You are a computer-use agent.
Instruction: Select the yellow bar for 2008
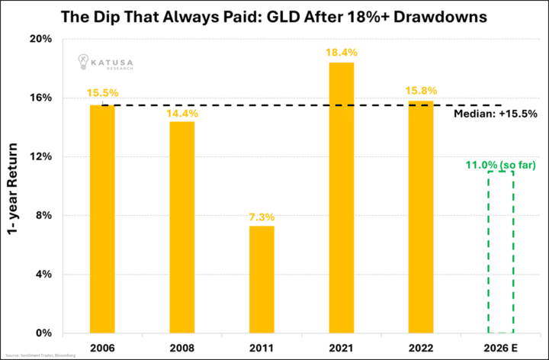pyautogui.click(x=181, y=227)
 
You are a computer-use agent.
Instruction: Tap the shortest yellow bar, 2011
pyautogui.click(x=261, y=279)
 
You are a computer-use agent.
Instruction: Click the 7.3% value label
pyautogui.click(x=261, y=217)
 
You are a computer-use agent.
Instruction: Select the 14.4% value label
pyautogui.click(x=181, y=113)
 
